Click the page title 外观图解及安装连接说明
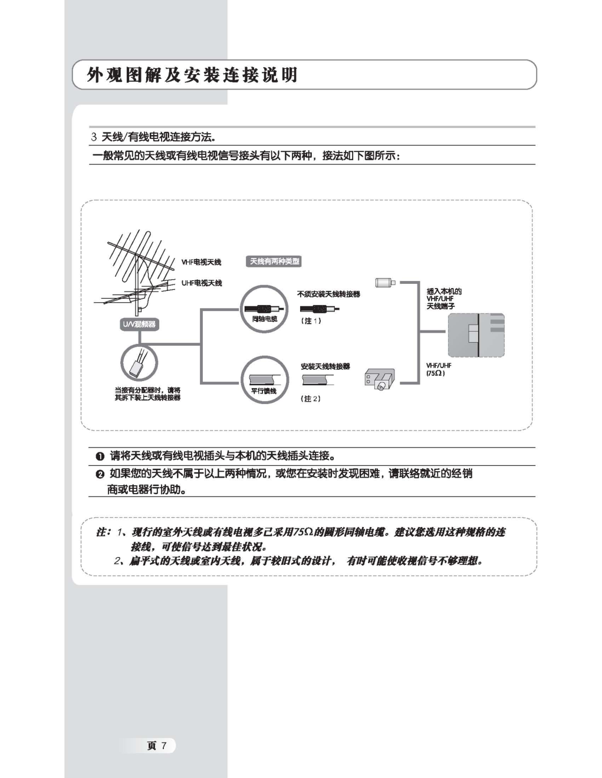[x=192, y=75]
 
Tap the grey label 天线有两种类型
[x=274, y=261]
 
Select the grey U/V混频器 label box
[x=139, y=325]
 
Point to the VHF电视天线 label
[x=201, y=262]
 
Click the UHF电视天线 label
[x=202, y=283]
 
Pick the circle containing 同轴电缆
[x=264, y=309]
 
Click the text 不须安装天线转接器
[x=328, y=294]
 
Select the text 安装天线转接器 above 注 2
[x=325, y=366]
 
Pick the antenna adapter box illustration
[x=380, y=380]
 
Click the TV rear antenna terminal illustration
[x=476, y=335]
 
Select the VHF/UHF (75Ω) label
[x=439, y=369]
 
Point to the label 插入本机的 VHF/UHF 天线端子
[x=444, y=299]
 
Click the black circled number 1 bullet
[x=100, y=456]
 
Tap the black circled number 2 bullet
[x=100, y=474]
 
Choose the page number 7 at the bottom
[x=165, y=746]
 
